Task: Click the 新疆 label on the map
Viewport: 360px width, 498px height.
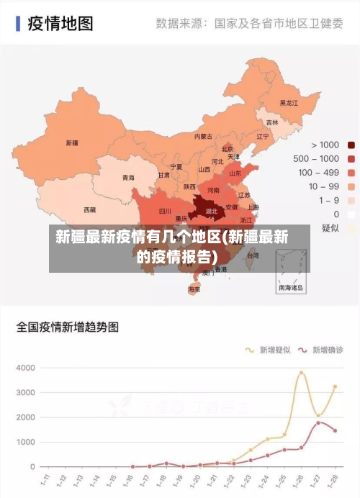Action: pyautogui.click(x=72, y=142)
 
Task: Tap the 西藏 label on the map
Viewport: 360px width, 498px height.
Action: pyautogui.click(x=69, y=210)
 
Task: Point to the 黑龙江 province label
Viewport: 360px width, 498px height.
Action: pyautogui.click(x=288, y=103)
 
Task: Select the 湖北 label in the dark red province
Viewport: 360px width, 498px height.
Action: pyautogui.click(x=212, y=212)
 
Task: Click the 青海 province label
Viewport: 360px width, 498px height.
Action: pyautogui.click(x=128, y=177)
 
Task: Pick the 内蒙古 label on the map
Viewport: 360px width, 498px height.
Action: pyautogui.click(x=203, y=136)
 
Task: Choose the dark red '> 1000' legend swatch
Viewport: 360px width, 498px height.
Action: pyautogui.click(x=351, y=145)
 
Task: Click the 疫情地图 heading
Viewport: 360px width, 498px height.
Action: pyautogui.click(x=60, y=24)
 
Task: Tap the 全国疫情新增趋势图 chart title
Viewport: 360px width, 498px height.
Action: pyautogui.click(x=68, y=327)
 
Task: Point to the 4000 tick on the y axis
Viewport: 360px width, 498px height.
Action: pyautogui.click(x=26, y=368)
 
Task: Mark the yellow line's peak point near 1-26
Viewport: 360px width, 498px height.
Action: pyautogui.click(x=302, y=373)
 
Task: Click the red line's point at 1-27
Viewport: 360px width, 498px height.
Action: pyautogui.click(x=318, y=422)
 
